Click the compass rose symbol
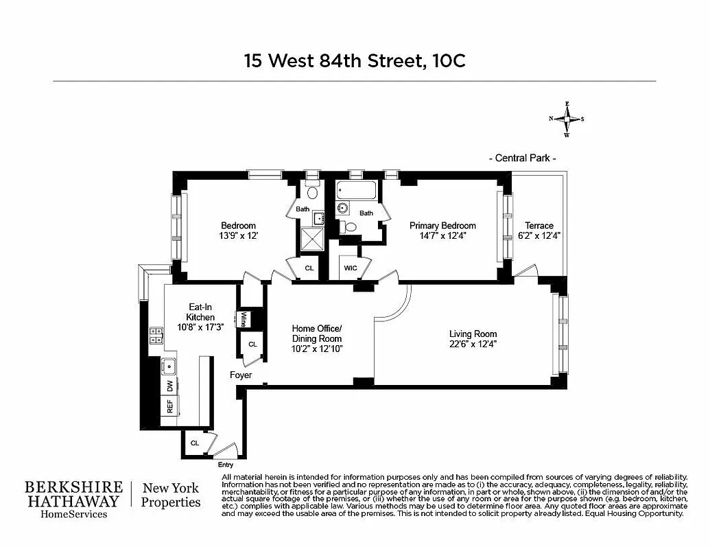click(567, 119)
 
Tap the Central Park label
click(522, 159)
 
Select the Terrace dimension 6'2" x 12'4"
click(539, 235)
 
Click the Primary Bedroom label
click(442, 226)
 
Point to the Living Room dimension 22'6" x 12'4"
click(473, 344)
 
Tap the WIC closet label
click(350, 268)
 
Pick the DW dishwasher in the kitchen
click(169, 386)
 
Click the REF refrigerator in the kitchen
click(169, 407)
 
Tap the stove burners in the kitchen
click(156, 336)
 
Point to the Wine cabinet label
click(243, 319)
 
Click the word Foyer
click(241, 375)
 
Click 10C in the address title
click(449, 60)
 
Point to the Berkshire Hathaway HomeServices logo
click(74, 498)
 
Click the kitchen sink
click(169, 364)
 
